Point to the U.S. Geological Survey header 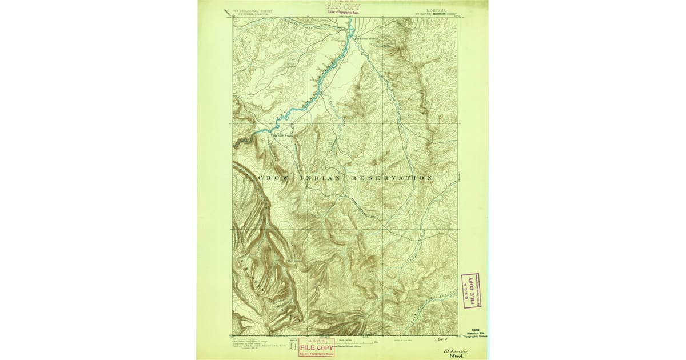coord(254,10)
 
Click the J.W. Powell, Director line coord(254,14)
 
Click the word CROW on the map coord(273,178)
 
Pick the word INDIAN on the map coord(321,178)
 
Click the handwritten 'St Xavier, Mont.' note coord(456,353)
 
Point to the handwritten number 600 coord(440,340)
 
